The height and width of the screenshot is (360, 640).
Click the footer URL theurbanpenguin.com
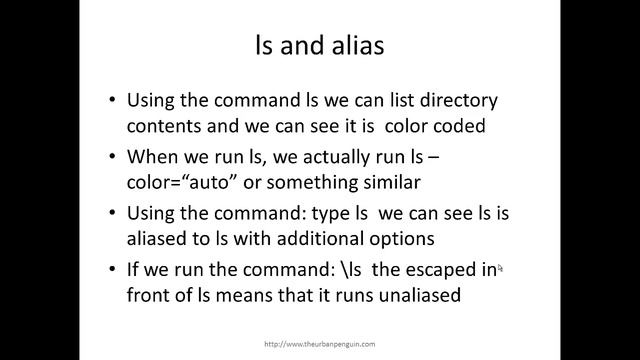(319, 343)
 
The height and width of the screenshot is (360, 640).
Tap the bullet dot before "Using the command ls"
(111, 102)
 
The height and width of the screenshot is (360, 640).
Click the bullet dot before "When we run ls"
(111, 158)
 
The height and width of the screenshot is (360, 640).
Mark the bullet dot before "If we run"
(111, 270)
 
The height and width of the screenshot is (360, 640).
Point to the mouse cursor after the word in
(500, 267)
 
